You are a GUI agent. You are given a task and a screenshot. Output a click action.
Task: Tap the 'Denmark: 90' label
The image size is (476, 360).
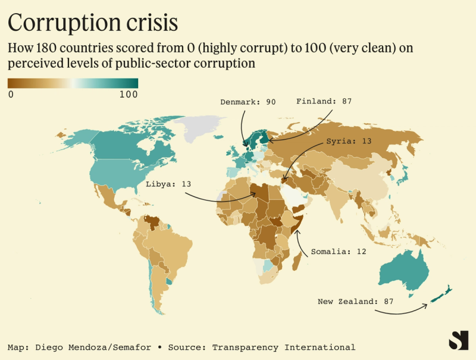(x=248, y=102)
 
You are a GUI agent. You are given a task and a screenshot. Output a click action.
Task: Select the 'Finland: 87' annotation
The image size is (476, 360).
(x=324, y=101)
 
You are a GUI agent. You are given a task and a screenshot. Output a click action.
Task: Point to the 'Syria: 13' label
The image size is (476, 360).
(x=350, y=142)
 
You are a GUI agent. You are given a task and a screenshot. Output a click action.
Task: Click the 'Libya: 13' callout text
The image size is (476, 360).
(x=168, y=184)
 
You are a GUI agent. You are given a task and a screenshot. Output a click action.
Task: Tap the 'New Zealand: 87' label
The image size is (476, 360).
(x=356, y=302)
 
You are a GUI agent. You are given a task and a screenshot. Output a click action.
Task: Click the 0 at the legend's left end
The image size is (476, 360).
(x=11, y=95)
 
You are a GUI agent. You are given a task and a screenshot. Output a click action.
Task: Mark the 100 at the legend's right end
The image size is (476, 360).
(x=129, y=95)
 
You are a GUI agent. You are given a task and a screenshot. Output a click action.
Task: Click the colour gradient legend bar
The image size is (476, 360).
(x=73, y=83)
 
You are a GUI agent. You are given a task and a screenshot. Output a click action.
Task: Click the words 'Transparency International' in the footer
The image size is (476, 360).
(x=284, y=347)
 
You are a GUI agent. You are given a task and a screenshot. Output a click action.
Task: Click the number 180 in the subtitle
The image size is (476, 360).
(x=48, y=48)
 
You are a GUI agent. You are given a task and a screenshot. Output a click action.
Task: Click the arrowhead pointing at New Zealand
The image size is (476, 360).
(x=427, y=305)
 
